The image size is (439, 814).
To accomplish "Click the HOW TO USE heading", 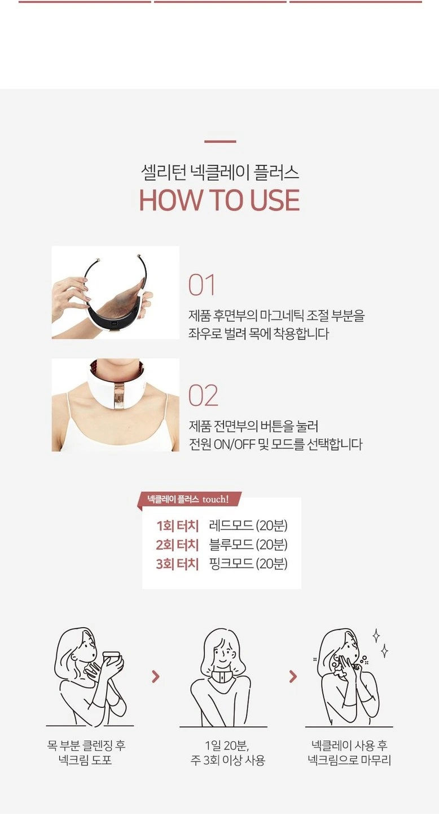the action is tap(219, 200).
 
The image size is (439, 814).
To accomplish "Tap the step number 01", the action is tap(202, 285).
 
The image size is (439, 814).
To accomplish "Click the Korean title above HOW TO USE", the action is tap(219, 172).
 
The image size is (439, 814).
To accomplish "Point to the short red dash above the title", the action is tap(220, 141).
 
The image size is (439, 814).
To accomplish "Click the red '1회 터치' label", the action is tap(177, 526).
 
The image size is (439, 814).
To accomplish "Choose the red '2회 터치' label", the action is tap(177, 545).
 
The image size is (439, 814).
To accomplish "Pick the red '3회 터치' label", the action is tap(177, 564).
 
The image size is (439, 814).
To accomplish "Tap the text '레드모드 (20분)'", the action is tap(248, 526).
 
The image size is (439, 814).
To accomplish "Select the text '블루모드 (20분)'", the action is tap(248, 544).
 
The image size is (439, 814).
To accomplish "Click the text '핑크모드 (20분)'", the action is tap(248, 563).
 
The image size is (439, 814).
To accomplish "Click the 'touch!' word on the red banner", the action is tap(216, 500).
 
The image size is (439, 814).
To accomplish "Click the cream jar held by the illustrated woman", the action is tap(111, 657).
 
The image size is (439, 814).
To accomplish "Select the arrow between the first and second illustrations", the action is tap(156, 676).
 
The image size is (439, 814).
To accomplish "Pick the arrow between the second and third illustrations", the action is tap(293, 676).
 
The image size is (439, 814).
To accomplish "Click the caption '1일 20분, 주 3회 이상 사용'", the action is tap(227, 752).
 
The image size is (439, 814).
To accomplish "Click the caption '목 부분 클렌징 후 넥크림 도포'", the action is tap(86, 752).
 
